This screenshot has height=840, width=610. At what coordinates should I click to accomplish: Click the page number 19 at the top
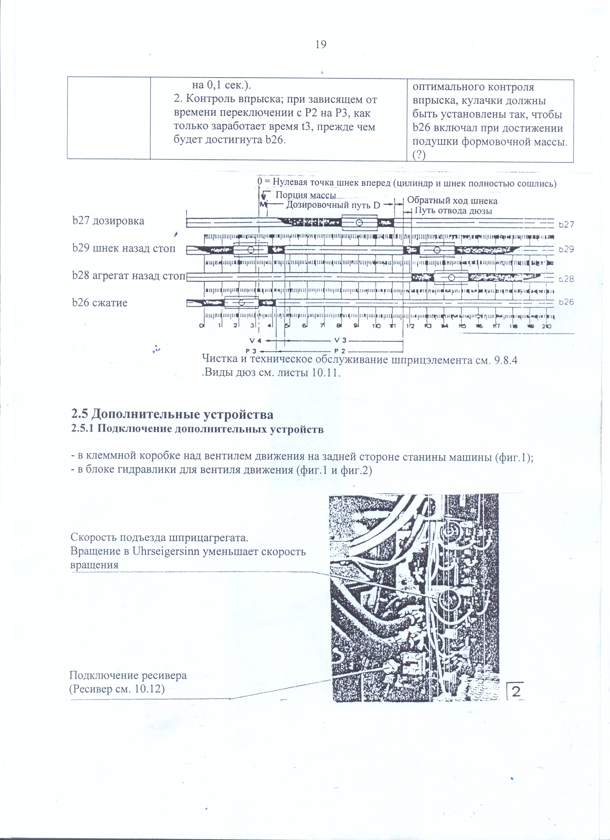[321, 45]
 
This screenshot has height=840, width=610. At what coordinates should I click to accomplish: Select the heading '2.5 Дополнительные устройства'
[172, 414]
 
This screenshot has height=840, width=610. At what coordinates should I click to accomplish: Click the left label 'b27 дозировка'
[108, 221]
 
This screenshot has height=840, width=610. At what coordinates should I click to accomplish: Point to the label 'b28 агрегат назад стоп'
[128, 276]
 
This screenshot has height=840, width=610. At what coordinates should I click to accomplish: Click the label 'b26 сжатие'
[99, 303]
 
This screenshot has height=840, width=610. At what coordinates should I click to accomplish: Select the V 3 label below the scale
[340, 340]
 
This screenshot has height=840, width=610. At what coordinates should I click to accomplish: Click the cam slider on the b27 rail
[359, 223]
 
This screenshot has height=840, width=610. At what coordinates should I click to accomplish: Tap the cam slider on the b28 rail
[451, 277]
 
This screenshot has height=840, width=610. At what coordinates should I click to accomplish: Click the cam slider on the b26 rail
[241, 303]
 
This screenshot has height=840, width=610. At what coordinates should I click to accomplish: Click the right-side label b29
[566, 249]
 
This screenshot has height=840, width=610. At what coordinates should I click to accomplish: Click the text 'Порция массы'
[306, 195]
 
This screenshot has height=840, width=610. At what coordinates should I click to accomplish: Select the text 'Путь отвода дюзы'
[453, 211]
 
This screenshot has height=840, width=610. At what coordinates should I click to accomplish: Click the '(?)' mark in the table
[419, 155]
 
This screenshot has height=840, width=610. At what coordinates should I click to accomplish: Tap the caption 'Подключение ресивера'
[128, 675]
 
